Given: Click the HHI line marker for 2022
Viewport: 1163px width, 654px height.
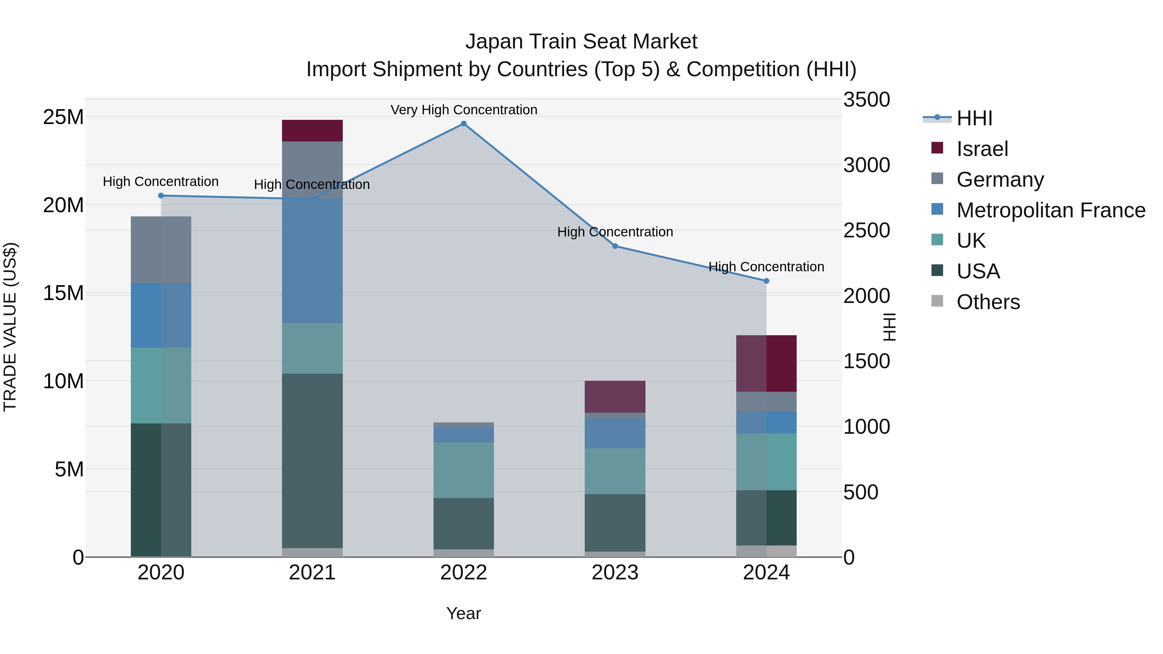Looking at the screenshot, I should point(464,124).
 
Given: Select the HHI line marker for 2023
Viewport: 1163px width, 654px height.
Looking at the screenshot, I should point(615,246).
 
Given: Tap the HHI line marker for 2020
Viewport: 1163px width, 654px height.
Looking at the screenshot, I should point(161,195).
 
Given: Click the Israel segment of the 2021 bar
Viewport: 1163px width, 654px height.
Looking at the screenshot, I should point(312,130).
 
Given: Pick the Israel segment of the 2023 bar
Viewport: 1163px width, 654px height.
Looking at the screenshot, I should point(615,397).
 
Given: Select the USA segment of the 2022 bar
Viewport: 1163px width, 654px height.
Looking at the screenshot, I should point(464,524).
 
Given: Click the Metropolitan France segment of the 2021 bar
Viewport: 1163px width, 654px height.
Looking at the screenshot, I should point(312,260).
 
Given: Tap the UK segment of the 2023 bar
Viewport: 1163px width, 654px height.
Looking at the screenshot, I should point(615,471).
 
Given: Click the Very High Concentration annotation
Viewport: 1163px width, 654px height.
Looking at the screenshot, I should point(464,110).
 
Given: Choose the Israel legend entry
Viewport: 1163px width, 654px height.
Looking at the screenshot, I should point(982,149).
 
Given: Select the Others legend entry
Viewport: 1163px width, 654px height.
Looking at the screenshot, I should point(988,302).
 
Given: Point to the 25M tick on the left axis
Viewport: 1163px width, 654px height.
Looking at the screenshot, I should point(63,117).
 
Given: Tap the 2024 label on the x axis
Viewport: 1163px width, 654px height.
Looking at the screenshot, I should point(766,573).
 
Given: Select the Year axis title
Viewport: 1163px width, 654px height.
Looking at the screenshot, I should point(464,613).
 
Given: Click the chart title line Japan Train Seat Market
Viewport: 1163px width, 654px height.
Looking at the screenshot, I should point(581,42).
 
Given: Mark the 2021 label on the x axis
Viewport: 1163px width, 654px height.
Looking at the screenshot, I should point(312,573).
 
